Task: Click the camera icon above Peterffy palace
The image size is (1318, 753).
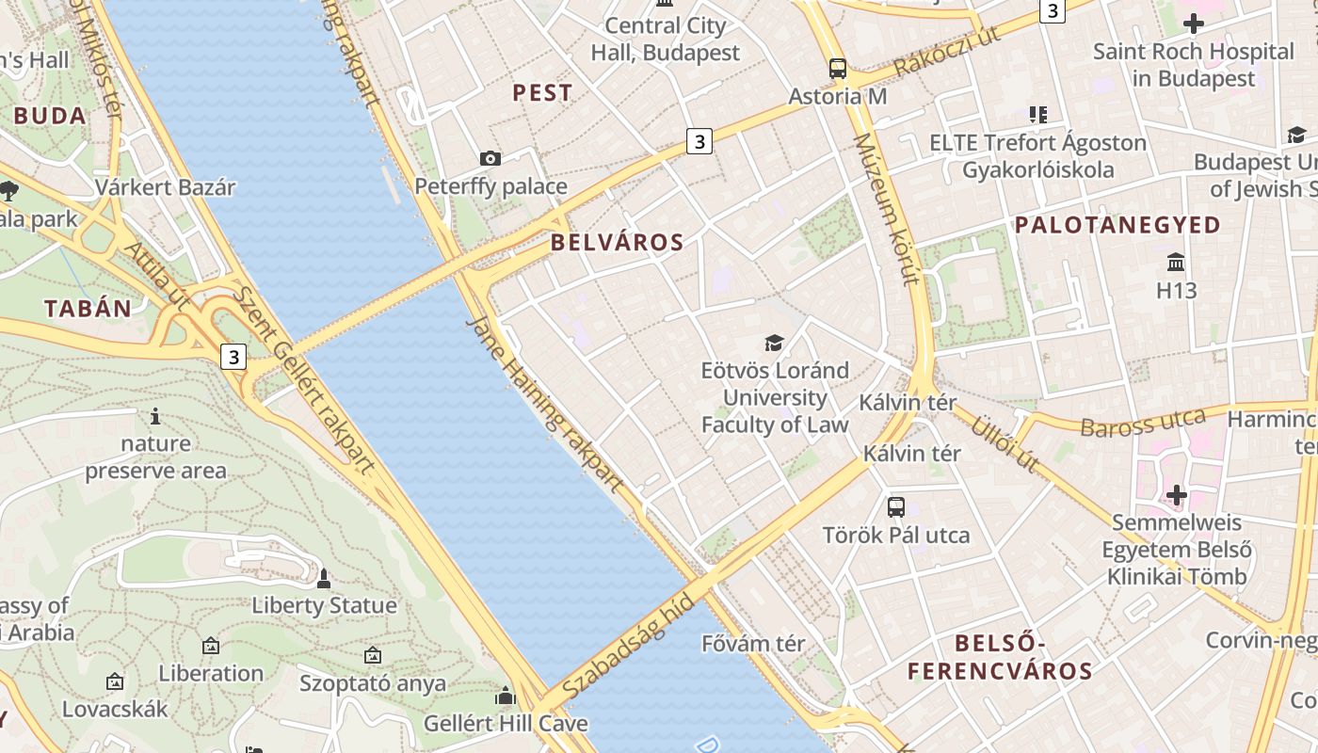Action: [490, 158]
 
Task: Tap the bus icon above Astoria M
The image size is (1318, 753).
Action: [838, 68]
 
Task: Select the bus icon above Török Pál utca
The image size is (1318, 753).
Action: [896, 507]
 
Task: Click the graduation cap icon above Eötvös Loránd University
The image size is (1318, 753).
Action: [774, 343]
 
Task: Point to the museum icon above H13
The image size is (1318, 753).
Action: [1176, 262]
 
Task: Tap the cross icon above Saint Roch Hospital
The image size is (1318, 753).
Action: [1194, 23]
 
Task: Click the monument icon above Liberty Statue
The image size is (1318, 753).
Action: [324, 578]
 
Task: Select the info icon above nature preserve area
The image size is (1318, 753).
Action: [155, 416]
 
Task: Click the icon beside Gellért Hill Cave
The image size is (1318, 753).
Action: [506, 697]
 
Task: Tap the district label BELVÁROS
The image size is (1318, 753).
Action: [617, 242]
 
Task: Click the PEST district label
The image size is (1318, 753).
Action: [541, 92]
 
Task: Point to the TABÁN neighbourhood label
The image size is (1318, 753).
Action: [88, 308]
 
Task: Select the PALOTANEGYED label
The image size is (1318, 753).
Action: [1117, 225]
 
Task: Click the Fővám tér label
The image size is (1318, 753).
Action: [753, 644]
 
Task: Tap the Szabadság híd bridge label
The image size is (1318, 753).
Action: [629, 647]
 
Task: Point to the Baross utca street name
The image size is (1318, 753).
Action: [1143, 424]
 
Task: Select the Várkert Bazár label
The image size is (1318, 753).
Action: [165, 187]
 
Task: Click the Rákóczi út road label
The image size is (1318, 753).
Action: [946, 52]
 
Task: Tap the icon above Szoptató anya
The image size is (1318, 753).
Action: [373, 654]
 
